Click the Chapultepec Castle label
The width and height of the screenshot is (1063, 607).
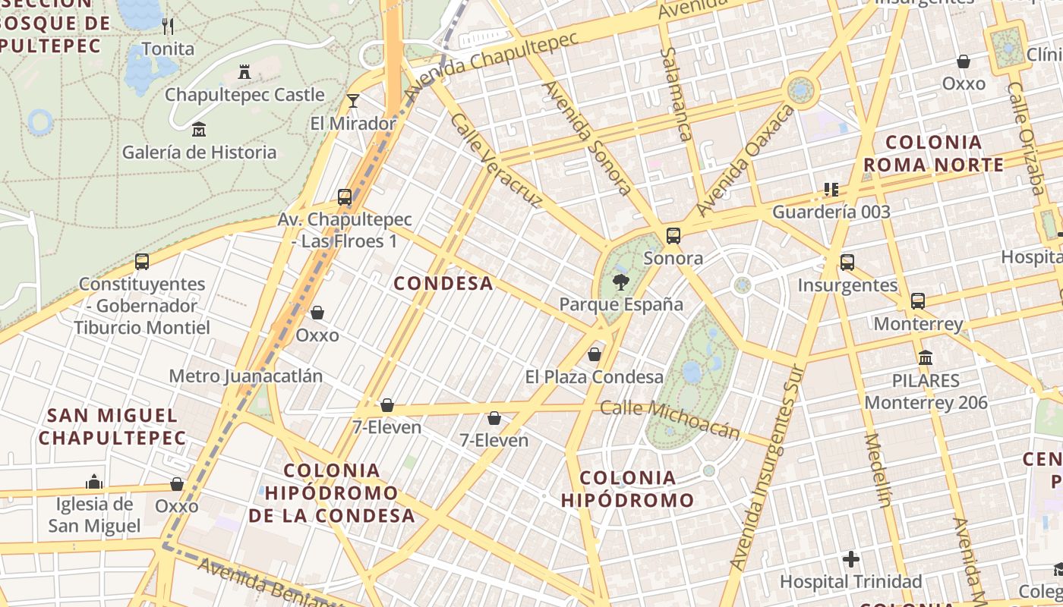pyautogui.click(x=244, y=95)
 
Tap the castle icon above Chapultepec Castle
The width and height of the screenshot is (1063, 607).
pyautogui.click(x=244, y=73)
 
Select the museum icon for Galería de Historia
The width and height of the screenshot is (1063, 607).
pyautogui.click(x=199, y=130)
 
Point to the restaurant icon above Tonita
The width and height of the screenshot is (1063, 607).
pyautogui.click(x=168, y=27)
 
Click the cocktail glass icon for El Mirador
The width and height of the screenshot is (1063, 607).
pyautogui.click(x=352, y=100)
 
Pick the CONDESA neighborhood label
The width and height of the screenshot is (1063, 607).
pyautogui.click(x=443, y=284)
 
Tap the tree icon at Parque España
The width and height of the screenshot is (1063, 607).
pyautogui.click(x=620, y=283)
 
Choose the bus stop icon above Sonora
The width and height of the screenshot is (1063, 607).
pyautogui.click(x=673, y=236)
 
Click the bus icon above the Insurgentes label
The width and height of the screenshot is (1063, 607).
pyautogui.click(x=847, y=263)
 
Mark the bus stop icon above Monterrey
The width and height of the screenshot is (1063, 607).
pyautogui.click(x=918, y=301)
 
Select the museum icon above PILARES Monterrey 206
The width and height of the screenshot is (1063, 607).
pyautogui.click(x=926, y=357)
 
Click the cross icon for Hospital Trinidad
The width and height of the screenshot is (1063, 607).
pyautogui.click(x=851, y=560)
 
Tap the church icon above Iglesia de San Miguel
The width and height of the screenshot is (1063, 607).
pyautogui.click(x=94, y=482)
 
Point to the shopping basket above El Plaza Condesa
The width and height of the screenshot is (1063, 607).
pyautogui.click(x=595, y=354)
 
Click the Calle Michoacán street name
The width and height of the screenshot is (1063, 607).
pyautogui.click(x=670, y=419)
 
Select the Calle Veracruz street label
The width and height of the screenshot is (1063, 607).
pyautogui.click(x=496, y=159)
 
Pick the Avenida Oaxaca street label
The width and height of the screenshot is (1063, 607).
pyautogui.click(x=745, y=160)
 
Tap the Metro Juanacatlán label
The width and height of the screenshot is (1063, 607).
pyautogui.click(x=245, y=376)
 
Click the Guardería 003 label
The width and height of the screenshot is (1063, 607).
pyautogui.click(x=831, y=212)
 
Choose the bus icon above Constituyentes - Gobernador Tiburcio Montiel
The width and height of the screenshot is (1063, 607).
pyautogui.click(x=142, y=262)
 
